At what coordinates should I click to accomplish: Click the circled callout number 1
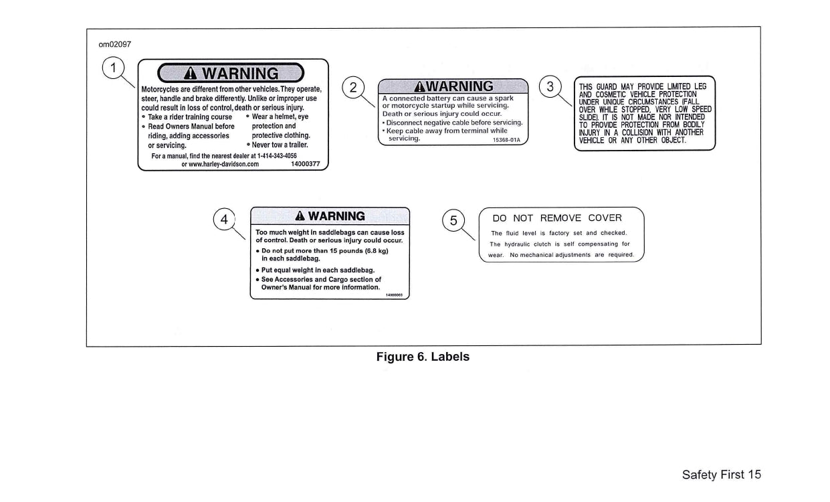pos(114,67)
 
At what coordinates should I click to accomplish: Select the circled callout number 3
pos(550,87)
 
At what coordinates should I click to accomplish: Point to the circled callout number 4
pos(225,220)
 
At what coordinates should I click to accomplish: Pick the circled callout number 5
pos(454,220)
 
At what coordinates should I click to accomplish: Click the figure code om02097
pos(114,45)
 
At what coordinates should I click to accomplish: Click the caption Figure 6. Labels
pos(423,357)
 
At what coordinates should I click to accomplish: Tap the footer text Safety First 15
pos(721,475)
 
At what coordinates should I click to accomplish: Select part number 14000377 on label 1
pos(305,163)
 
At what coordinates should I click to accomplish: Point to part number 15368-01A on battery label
pos(506,140)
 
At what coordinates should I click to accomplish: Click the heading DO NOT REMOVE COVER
pos(557,218)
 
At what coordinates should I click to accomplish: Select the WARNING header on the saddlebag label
pos(330,216)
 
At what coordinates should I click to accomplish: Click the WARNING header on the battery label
pos(453,86)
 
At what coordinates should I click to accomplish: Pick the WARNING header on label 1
pos(231,72)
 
